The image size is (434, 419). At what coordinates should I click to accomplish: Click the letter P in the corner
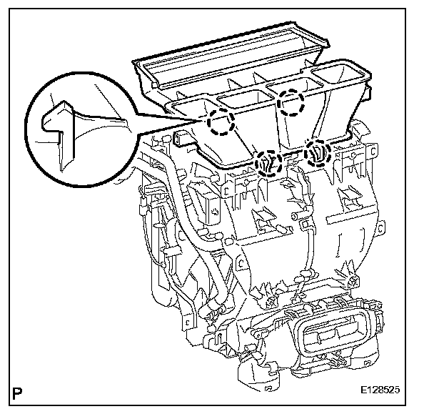(18, 392)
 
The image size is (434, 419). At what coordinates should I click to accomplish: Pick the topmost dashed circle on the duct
(292, 104)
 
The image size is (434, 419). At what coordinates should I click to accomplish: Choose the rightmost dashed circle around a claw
(318, 152)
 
